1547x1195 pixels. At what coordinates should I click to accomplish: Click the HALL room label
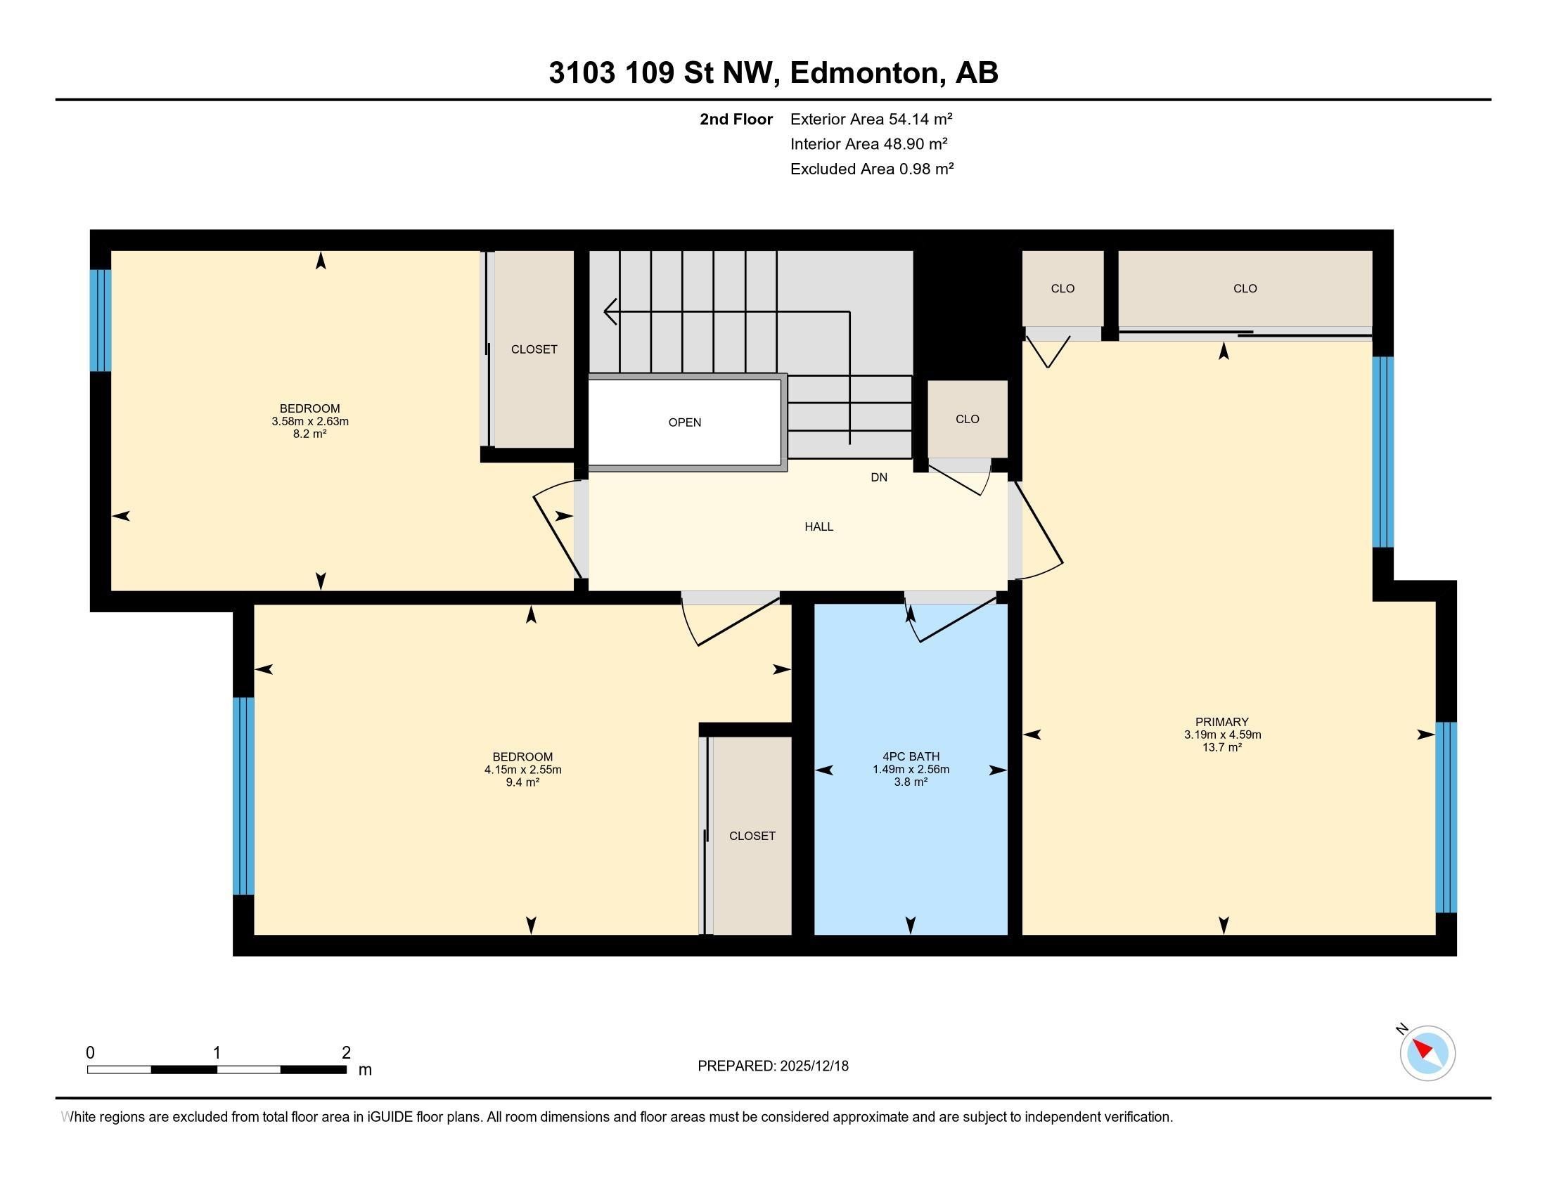[x=818, y=527]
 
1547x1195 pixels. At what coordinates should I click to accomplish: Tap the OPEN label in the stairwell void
[x=684, y=422]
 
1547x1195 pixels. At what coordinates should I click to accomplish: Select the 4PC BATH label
[x=911, y=757]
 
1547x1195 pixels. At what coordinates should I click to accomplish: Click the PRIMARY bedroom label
[x=1221, y=722]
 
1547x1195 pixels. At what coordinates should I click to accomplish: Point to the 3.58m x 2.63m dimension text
[x=309, y=421]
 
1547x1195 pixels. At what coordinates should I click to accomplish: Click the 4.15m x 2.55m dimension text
[x=522, y=770]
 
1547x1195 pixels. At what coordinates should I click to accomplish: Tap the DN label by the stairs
[x=878, y=478]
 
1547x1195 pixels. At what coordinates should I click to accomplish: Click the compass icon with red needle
[x=1427, y=1054]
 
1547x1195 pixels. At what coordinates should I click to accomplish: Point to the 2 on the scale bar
[x=346, y=1053]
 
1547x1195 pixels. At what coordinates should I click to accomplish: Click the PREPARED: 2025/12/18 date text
[x=773, y=1066]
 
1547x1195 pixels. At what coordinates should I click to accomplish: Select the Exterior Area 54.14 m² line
[x=871, y=119]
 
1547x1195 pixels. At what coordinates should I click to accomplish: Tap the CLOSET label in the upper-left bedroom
[x=534, y=350]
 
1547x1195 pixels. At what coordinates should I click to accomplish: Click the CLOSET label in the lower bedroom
[x=752, y=836]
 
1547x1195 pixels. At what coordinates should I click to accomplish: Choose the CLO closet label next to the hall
[x=967, y=419]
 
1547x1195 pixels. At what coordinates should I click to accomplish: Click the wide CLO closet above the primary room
[x=1245, y=288]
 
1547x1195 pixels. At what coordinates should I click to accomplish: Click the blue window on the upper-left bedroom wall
[x=100, y=320]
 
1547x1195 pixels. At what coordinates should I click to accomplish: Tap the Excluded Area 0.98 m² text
[x=871, y=169]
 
